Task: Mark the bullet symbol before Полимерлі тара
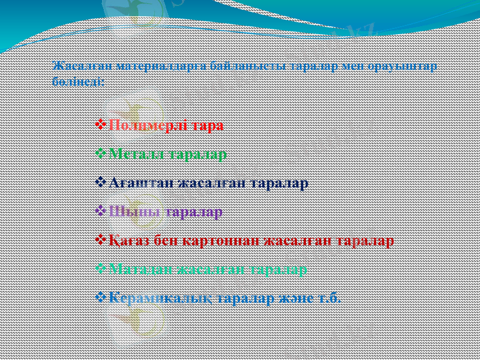pos(100,125)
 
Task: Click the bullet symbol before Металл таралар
pos(100,154)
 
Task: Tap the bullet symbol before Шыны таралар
pos(100,211)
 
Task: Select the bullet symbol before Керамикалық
pos(100,297)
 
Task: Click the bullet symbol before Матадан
pos(100,269)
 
